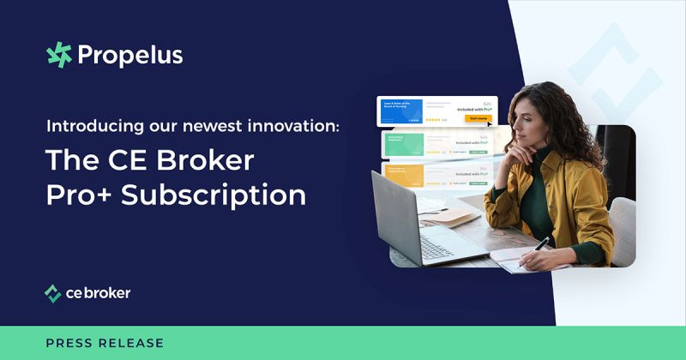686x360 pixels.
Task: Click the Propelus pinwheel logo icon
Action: (x=59, y=55)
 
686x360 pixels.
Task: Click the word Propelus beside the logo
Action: (x=129, y=56)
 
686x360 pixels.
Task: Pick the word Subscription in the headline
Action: (x=214, y=195)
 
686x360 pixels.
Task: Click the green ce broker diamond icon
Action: (x=53, y=294)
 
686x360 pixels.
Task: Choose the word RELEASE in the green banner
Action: (x=134, y=343)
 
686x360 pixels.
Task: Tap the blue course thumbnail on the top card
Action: (x=400, y=114)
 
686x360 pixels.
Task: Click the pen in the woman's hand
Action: (x=542, y=243)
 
